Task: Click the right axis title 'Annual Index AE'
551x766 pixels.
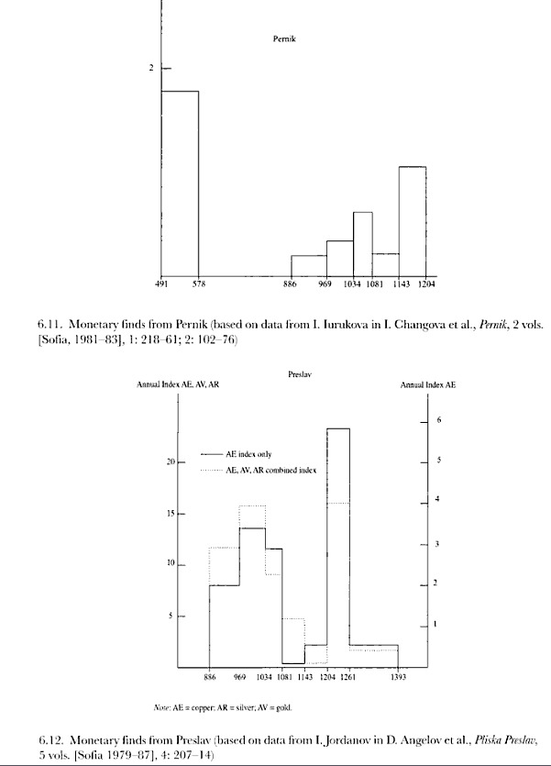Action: (x=428, y=385)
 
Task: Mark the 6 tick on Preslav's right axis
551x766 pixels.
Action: (x=439, y=419)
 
